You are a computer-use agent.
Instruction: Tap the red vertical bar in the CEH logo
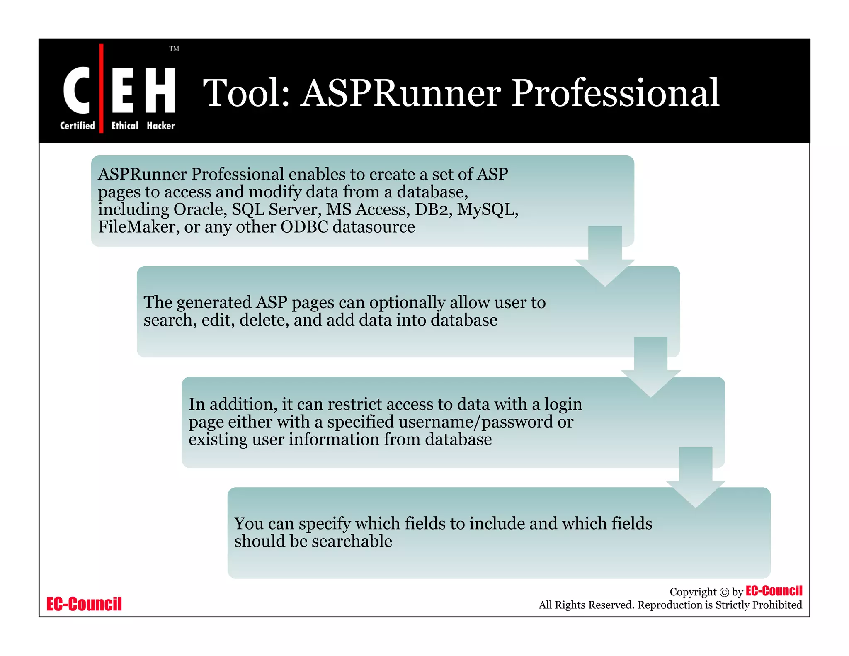[x=102, y=88]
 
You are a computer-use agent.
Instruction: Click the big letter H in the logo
[x=160, y=90]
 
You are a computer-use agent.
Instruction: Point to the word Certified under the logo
[x=78, y=126]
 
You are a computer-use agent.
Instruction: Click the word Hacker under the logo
[x=161, y=126]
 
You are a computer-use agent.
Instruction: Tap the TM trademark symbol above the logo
[x=174, y=49]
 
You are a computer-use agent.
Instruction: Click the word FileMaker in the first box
[x=136, y=227]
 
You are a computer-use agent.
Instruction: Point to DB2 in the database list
[x=433, y=209]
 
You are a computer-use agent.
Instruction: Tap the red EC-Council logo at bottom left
[x=84, y=604]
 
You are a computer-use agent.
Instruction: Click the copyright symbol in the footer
[x=724, y=592]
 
